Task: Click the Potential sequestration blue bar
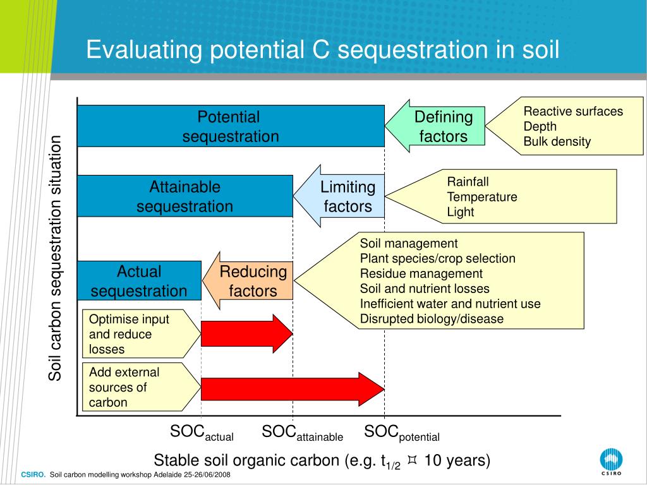point(231,126)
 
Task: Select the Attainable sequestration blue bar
point(185,196)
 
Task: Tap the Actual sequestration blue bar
point(139,281)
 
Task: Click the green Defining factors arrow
point(436,126)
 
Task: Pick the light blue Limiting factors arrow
point(341,196)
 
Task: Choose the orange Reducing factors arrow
point(250,281)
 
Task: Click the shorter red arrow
point(246,333)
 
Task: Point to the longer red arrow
point(292,389)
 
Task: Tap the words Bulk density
point(557,141)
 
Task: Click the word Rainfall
point(468,182)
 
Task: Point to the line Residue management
point(421,273)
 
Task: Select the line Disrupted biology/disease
point(432,319)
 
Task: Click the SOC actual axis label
point(202,433)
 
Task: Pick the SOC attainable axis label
point(302,433)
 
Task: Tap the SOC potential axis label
point(401,433)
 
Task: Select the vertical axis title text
point(56,258)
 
